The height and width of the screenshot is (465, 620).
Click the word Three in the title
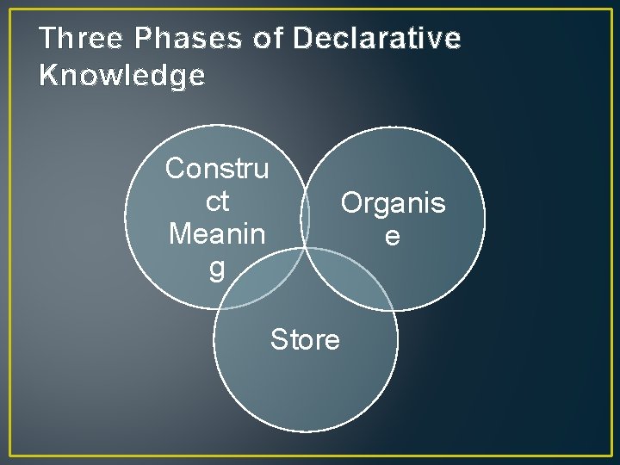pyautogui.click(x=80, y=39)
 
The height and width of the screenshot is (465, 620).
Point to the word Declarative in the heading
pyautogui.click(x=377, y=39)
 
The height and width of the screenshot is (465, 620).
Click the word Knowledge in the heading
pyautogui.click(x=122, y=76)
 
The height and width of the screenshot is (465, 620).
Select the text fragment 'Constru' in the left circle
pyautogui.click(x=217, y=168)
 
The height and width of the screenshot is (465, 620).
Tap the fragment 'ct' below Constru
pyautogui.click(x=217, y=201)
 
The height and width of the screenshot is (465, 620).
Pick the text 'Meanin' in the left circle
pyautogui.click(x=217, y=233)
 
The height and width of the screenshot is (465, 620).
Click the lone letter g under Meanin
pyautogui.click(x=217, y=268)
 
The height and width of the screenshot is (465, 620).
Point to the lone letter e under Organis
pyautogui.click(x=393, y=235)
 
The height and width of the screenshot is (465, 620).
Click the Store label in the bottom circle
pyautogui.click(x=305, y=340)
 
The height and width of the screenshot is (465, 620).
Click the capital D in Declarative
pyautogui.click(x=302, y=39)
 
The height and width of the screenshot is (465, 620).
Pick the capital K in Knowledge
pyautogui.click(x=49, y=76)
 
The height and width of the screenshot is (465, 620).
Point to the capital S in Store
pyautogui.click(x=279, y=340)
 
